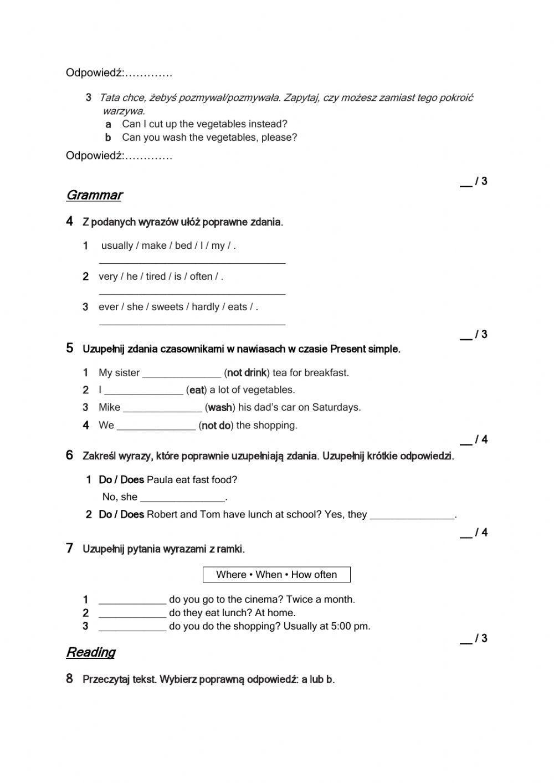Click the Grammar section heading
point(94,195)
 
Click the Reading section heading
point(91,652)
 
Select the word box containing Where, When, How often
point(276,575)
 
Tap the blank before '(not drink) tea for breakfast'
point(182,373)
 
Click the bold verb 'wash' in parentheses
point(220,408)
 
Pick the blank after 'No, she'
point(183,497)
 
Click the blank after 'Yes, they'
point(412,515)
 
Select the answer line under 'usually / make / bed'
point(192,260)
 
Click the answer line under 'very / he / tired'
point(192,291)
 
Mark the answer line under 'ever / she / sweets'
point(192,322)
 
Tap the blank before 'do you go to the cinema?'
point(132,600)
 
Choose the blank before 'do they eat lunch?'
point(132,613)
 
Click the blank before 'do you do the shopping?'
point(132,627)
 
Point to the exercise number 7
point(69,549)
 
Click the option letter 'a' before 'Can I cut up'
point(109,124)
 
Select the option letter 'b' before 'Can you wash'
point(109,137)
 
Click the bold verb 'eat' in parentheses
point(197,390)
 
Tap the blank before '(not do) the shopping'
point(156,426)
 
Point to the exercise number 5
point(69,348)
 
